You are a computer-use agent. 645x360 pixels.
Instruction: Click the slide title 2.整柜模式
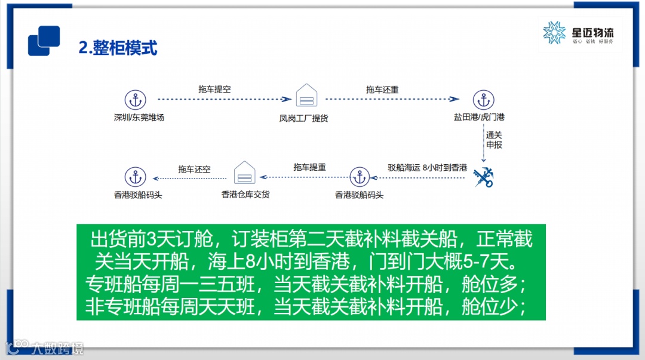(x=118, y=48)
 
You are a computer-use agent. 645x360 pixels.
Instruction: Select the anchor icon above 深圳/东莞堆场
(x=136, y=100)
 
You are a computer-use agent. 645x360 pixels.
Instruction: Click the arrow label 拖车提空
(x=214, y=89)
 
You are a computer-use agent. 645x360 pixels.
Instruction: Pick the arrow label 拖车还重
(x=382, y=90)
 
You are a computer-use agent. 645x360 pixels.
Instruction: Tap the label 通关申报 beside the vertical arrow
(x=494, y=140)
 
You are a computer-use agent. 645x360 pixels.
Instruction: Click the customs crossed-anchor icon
(x=482, y=177)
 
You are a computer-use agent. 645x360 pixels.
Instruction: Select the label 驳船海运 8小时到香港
(x=427, y=168)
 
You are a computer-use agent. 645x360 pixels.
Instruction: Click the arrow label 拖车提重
(x=309, y=168)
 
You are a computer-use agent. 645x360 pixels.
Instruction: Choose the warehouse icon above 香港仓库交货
(x=245, y=173)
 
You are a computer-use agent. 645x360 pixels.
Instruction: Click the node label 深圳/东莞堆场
(x=139, y=118)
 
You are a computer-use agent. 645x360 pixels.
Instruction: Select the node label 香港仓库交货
(x=245, y=194)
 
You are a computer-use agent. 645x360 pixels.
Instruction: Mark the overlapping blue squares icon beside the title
(x=44, y=41)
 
